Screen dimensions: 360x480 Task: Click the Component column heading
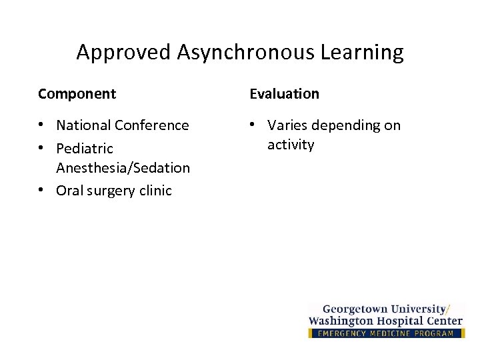point(77,94)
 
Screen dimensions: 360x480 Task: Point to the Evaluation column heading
point(285,94)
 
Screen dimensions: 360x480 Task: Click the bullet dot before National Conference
point(42,125)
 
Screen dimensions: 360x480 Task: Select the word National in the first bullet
point(84,125)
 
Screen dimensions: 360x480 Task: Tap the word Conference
point(152,125)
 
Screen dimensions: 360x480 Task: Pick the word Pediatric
point(85,148)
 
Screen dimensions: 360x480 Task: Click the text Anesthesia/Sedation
point(123,168)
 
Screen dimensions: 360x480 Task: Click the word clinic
point(155,191)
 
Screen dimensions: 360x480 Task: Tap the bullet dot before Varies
point(253,125)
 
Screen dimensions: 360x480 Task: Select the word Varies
point(287,125)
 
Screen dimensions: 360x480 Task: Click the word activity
point(291,145)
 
